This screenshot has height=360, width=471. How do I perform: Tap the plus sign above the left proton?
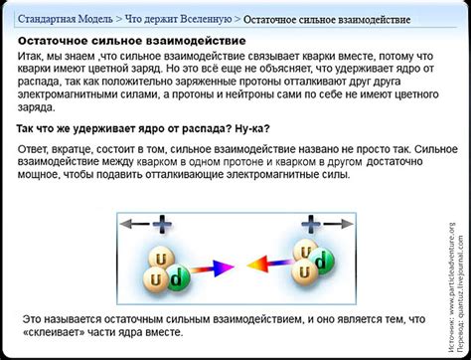coord(165,223)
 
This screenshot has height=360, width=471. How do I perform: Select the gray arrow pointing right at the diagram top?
coord(335,223)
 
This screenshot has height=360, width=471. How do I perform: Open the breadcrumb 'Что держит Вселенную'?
coord(178,17)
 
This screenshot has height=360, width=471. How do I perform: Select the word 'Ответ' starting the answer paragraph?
coord(38,148)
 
